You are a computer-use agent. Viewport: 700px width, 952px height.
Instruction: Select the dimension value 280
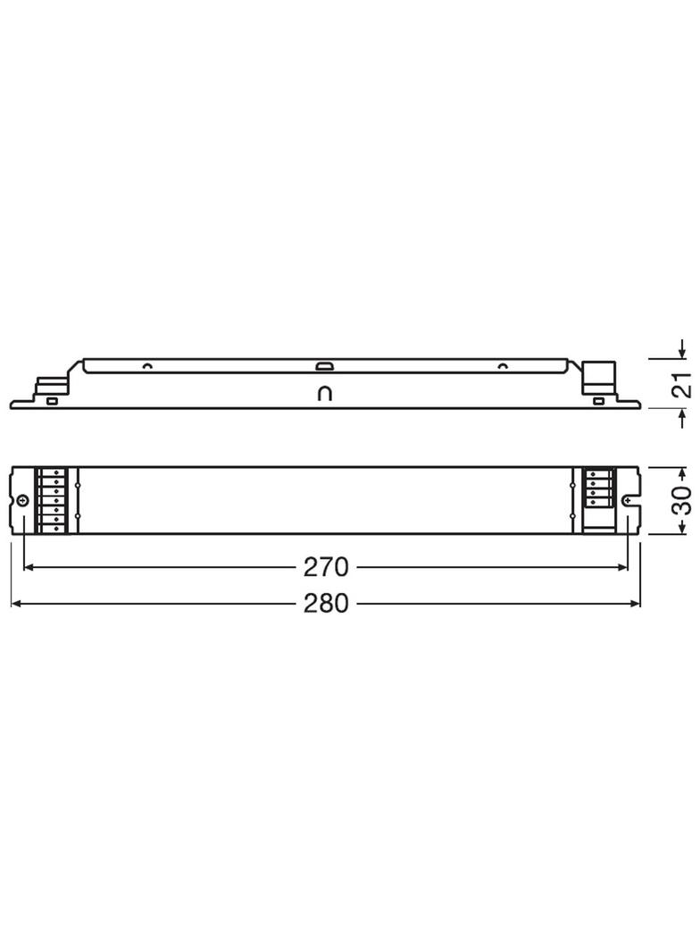tap(326, 605)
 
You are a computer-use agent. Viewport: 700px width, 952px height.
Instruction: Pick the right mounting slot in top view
tap(633, 501)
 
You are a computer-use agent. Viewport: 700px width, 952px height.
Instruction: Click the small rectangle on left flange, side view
tap(52, 401)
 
